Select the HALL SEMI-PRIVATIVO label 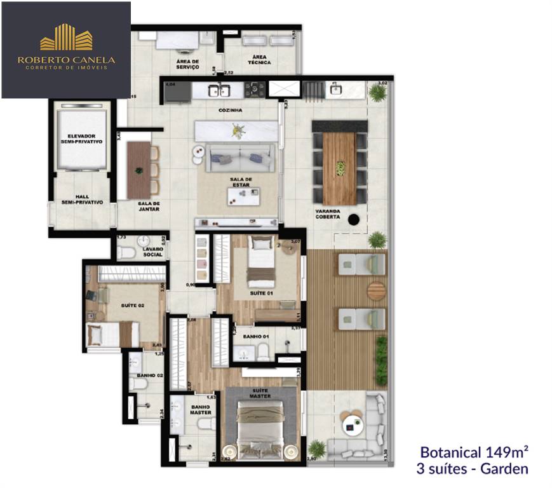coord(80,200)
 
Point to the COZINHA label coord(231,110)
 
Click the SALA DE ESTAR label coord(241,183)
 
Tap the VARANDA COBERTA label coord(327,214)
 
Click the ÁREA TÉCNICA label coord(260,60)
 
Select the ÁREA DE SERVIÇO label coord(188,64)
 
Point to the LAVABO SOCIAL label coord(153,252)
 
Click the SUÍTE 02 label coord(133,306)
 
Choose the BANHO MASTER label coord(201,410)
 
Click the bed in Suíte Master coord(259,429)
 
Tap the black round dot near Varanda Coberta coord(354,219)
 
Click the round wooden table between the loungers coord(376,291)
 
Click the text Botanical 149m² coord(475,453)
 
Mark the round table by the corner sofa coord(351,424)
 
